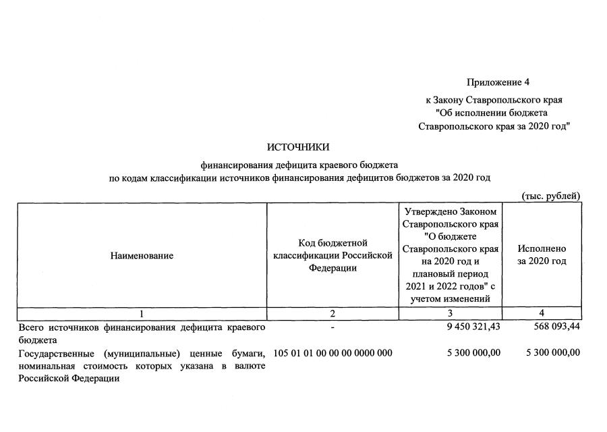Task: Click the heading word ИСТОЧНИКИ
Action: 298,147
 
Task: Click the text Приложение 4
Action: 498,82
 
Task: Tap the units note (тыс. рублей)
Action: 551,196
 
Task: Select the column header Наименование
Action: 142,256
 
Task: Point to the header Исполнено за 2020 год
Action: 542,255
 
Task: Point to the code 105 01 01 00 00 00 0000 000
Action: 333,352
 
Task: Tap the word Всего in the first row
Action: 30,327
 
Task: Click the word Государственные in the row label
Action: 53,352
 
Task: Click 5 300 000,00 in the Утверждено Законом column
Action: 473,352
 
